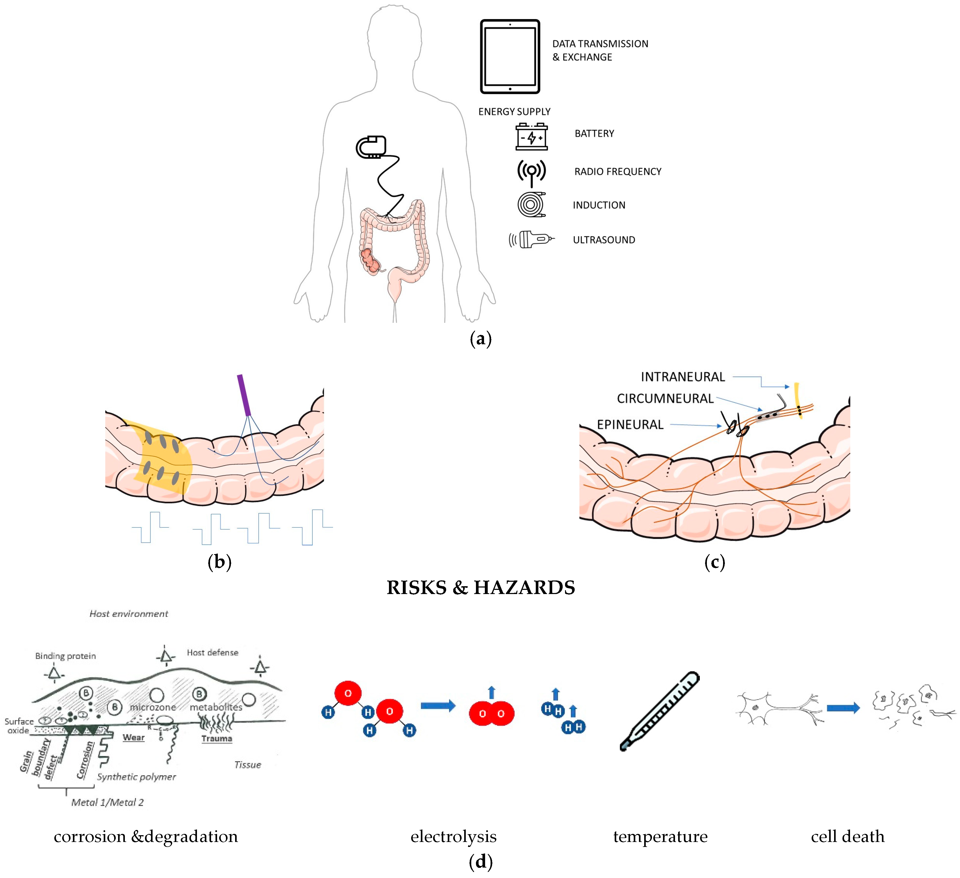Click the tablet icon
click(510, 57)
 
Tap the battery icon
click(531, 137)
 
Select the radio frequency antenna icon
click(531, 172)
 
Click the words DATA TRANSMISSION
click(600, 44)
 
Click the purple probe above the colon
click(244, 395)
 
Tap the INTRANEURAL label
click(682, 377)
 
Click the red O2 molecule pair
click(491, 713)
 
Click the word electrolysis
click(453, 836)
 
